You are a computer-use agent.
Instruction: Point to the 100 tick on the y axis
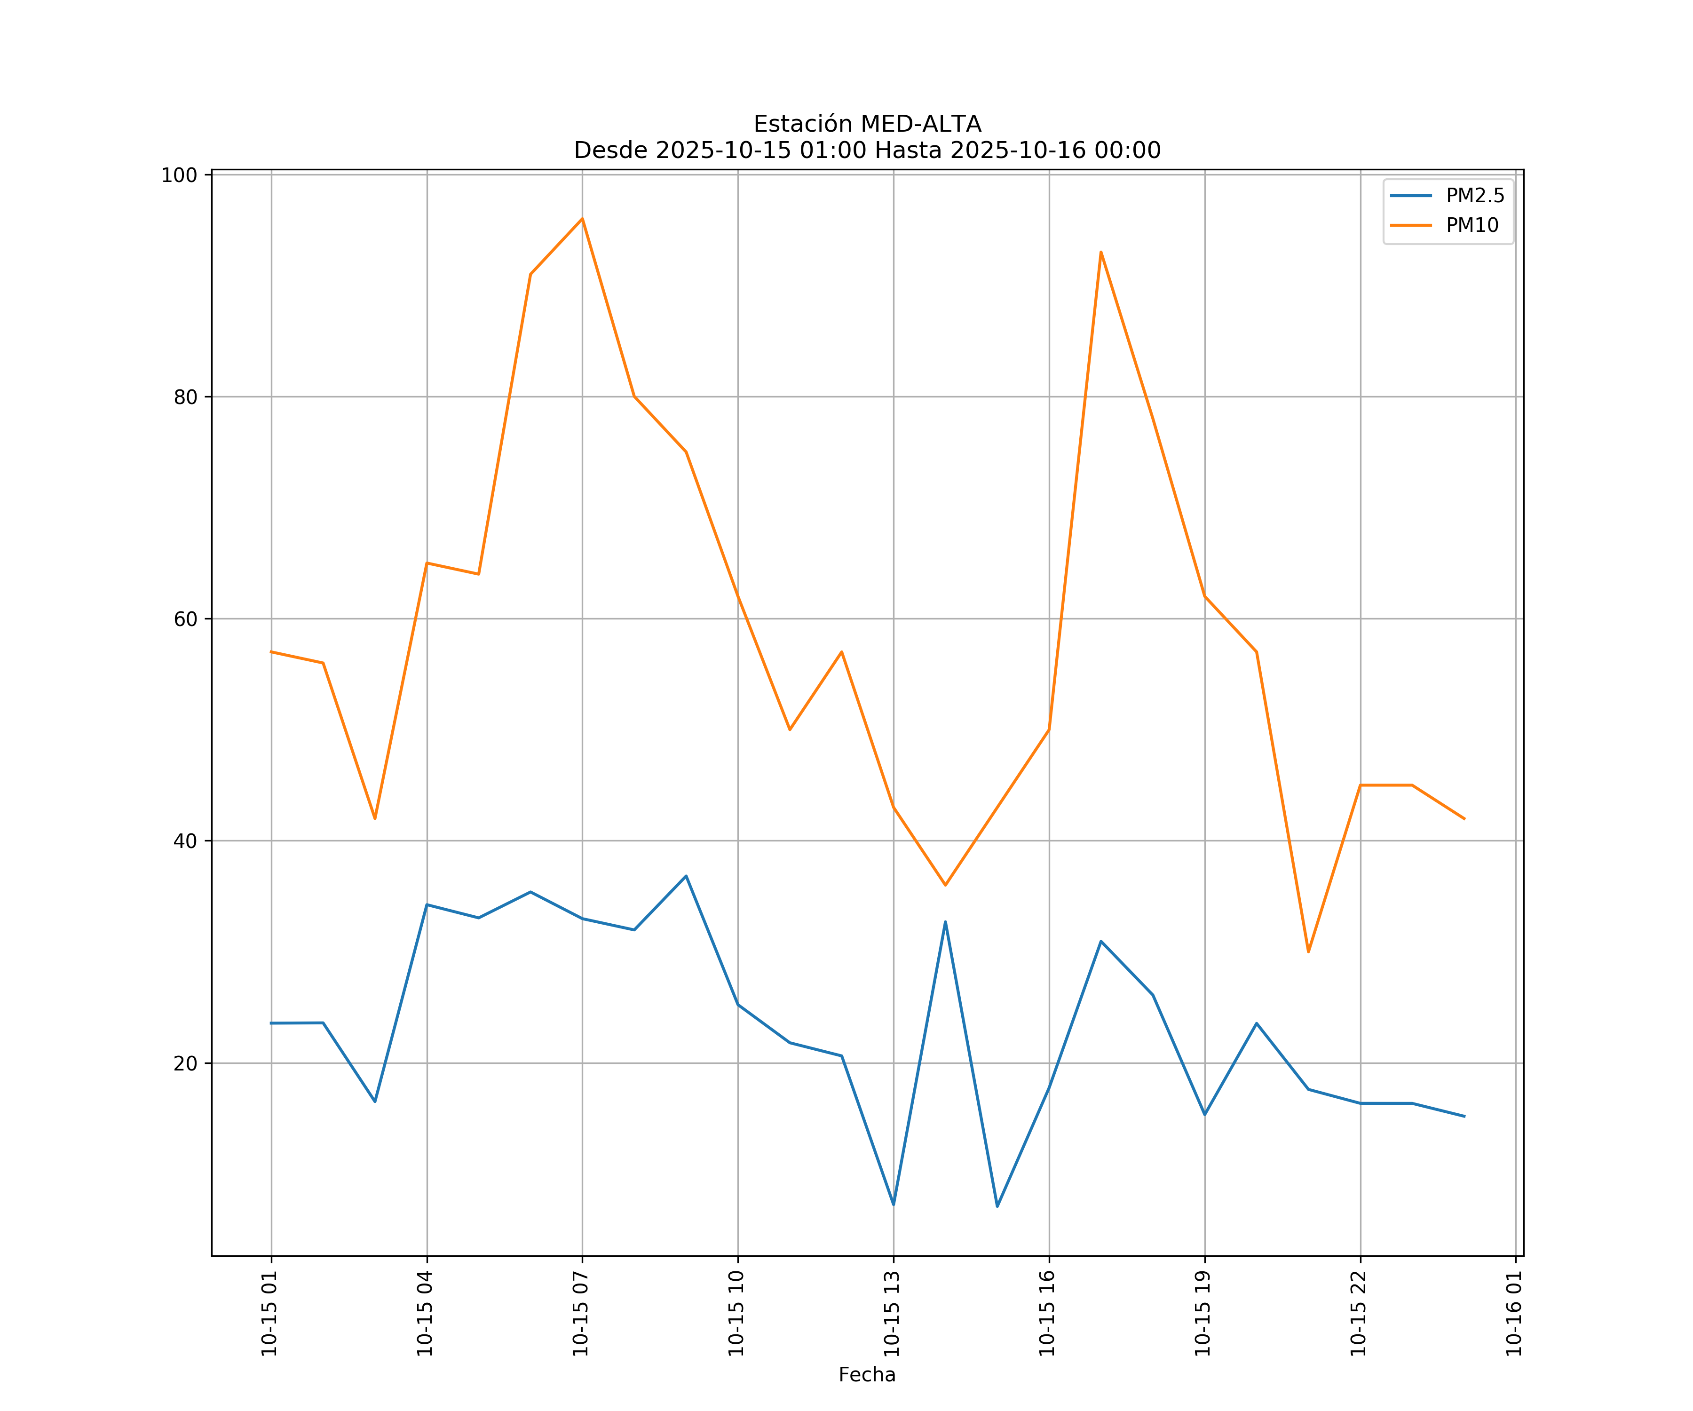179,176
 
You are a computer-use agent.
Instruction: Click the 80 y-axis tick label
185,396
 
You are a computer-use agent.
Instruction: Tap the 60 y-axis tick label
185,619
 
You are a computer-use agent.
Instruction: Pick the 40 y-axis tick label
185,841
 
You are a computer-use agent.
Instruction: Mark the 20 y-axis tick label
185,1063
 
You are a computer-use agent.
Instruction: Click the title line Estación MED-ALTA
867,124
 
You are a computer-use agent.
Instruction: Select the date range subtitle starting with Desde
867,151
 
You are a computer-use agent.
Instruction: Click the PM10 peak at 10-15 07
582,219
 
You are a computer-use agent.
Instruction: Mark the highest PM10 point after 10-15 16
1100,253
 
